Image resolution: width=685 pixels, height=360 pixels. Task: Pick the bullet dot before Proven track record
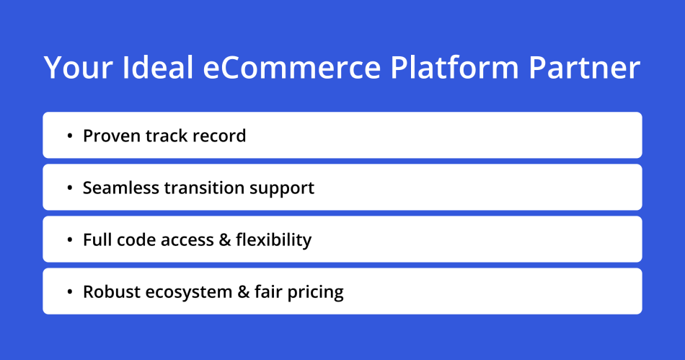click(x=69, y=136)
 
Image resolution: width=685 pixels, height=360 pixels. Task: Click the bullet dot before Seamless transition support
click(x=69, y=188)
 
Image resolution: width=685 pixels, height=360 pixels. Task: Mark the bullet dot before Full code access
click(x=69, y=240)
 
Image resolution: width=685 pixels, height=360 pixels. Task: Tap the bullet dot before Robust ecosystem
click(x=69, y=292)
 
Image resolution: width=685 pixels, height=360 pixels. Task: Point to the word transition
click(x=205, y=188)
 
